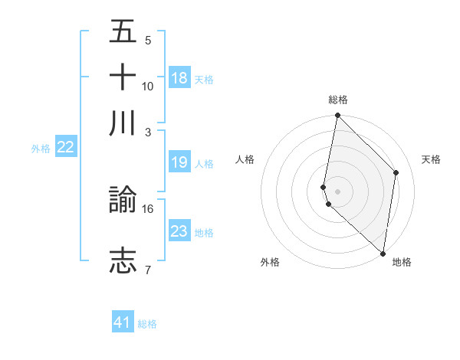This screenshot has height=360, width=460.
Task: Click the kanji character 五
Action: click(123, 32)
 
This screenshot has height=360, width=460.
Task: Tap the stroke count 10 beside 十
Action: click(148, 86)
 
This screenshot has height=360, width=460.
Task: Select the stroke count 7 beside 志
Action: click(148, 269)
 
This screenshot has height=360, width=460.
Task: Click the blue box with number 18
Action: click(179, 78)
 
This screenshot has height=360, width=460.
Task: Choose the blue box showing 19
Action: click(179, 162)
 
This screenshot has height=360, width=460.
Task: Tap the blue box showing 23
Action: click(179, 231)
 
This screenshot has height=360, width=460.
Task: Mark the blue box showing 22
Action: click(66, 148)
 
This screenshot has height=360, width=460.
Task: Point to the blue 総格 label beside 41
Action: click(147, 324)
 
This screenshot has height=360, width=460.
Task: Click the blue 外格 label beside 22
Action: click(41, 149)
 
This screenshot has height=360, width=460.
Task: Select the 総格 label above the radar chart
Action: click(338, 100)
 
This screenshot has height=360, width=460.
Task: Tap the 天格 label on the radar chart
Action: click(432, 159)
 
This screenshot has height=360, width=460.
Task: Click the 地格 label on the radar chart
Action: click(402, 262)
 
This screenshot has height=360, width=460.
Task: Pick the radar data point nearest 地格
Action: click(383, 253)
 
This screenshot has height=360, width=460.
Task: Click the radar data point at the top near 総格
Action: click(337, 116)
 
